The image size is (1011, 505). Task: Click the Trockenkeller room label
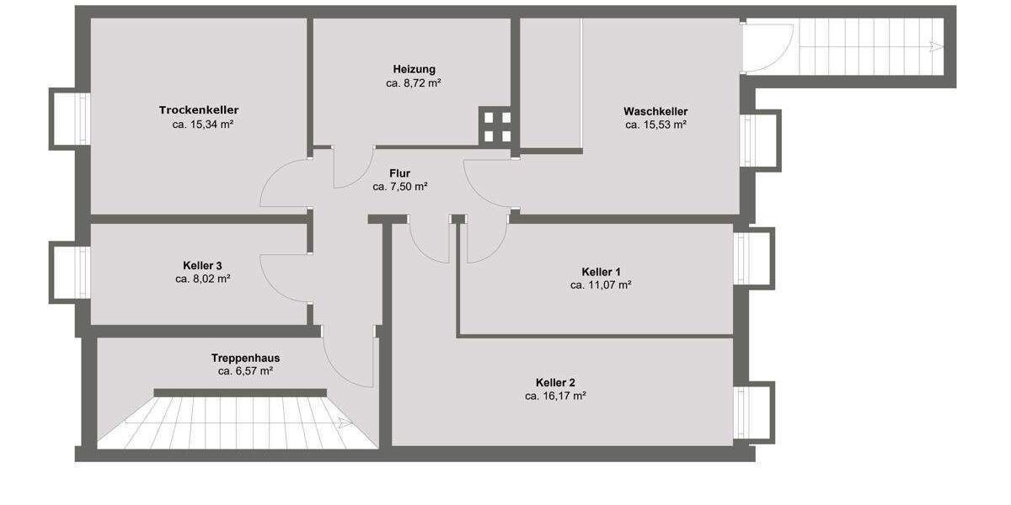pyautogui.click(x=199, y=110)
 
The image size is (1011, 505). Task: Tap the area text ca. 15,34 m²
pyautogui.click(x=202, y=125)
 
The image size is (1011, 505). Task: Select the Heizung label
pyautogui.click(x=414, y=69)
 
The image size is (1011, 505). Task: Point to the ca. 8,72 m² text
pyautogui.click(x=414, y=83)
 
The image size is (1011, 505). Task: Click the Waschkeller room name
pyautogui.click(x=655, y=111)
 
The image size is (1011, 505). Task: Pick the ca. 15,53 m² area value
pyautogui.click(x=655, y=125)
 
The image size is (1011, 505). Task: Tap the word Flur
pyautogui.click(x=400, y=173)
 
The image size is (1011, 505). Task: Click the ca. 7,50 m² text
pyautogui.click(x=400, y=187)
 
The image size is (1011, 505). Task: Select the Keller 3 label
pyautogui.click(x=202, y=264)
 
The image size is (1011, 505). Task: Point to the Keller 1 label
pyautogui.click(x=601, y=271)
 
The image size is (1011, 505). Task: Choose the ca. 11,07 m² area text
pyautogui.click(x=601, y=285)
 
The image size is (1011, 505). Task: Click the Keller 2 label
pyautogui.click(x=555, y=382)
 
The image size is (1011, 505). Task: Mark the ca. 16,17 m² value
pyautogui.click(x=555, y=396)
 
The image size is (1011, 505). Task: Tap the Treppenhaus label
pyautogui.click(x=245, y=358)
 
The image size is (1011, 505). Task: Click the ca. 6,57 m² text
pyautogui.click(x=245, y=371)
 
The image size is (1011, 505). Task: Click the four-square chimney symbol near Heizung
pyautogui.click(x=495, y=125)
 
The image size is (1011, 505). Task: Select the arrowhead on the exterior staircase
pyautogui.click(x=935, y=46)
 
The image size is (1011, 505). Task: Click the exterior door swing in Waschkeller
pyautogui.click(x=767, y=49)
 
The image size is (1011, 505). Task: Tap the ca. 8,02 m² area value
pyautogui.click(x=203, y=279)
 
